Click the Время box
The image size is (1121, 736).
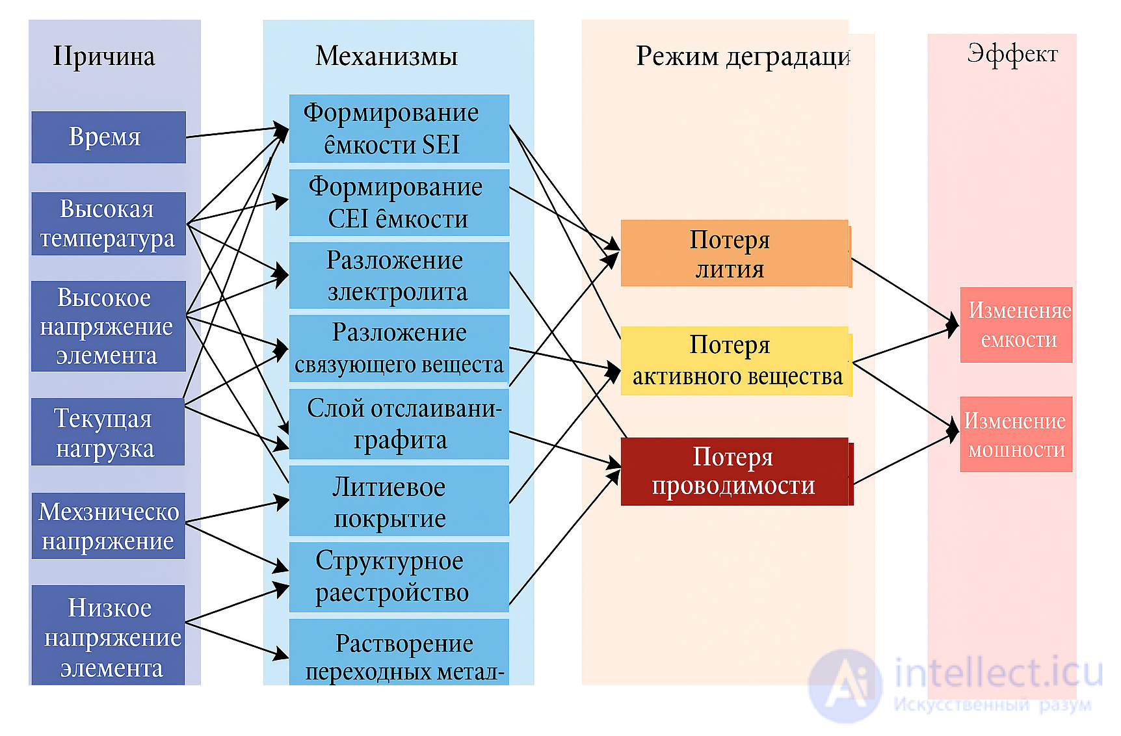(x=109, y=137)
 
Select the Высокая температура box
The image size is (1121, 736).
(x=109, y=224)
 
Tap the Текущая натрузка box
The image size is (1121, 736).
(x=108, y=432)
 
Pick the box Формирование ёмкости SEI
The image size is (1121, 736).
(x=399, y=128)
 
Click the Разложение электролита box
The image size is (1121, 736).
(x=399, y=276)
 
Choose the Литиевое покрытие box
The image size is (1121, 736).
(x=399, y=501)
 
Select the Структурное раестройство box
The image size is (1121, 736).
(x=399, y=577)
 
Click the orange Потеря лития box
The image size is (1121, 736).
(x=735, y=254)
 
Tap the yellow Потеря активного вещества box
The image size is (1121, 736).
(x=735, y=361)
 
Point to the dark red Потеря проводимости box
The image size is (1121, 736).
(x=735, y=471)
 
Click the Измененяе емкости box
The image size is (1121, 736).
(x=1016, y=325)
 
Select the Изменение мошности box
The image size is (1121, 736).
(x=1016, y=434)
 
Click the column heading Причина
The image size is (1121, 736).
(x=104, y=57)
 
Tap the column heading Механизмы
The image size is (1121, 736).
(x=387, y=57)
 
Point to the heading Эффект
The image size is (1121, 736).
(x=1012, y=54)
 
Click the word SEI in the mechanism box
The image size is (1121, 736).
(x=441, y=144)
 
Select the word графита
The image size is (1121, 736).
(x=400, y=440)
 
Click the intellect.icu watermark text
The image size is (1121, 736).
(x=998, y=673)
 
